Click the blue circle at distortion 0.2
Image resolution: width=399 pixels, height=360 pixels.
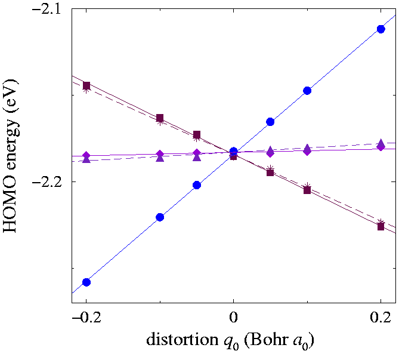click(381, 29)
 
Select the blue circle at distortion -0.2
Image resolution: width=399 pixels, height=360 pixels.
click(86, 282)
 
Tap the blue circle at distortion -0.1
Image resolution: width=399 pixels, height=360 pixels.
click(160, 217)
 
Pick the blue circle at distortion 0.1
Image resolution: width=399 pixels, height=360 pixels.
click(307, 91)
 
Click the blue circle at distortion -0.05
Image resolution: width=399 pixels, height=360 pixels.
click(197, 185)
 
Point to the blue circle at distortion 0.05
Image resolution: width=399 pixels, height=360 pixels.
click(270, 122)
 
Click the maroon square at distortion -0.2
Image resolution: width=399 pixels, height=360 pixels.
click(86, 85)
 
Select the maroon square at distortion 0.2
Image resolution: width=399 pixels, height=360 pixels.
click(381, 226)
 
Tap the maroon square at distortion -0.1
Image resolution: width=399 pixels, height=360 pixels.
click(160, 118)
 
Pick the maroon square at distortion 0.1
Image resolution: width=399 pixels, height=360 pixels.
click(307, 190)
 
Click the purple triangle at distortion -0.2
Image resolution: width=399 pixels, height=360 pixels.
click(86, 159)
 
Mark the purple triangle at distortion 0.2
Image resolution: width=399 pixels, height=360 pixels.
click(381, 143)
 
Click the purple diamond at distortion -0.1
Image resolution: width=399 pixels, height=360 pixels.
click(160, 154)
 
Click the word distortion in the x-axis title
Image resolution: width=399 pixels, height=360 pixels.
click(177, 341)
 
